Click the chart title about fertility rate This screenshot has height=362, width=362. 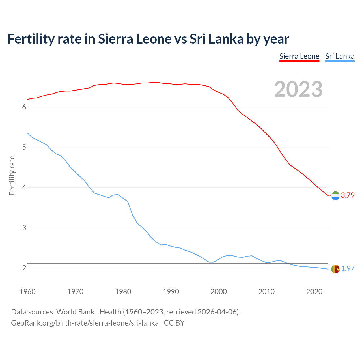[x=148, y=39]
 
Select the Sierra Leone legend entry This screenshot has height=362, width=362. [x=299, y=57]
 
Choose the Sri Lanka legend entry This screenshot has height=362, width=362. [x=340, y=57]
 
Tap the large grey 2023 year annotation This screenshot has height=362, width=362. [x=298, y=89]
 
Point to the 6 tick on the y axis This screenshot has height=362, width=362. [x=24, y=107]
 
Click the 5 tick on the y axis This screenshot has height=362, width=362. [x=24, y=147]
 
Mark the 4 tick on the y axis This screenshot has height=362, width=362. [x=24, y=188]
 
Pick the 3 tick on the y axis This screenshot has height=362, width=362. [x=24, y=228]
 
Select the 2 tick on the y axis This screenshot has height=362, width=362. [x=24, y=268]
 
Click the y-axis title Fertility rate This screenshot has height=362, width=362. [x=12, y=175]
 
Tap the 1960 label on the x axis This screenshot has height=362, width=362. [x=27, y=292]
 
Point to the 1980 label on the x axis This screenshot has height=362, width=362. [x=123, y=292]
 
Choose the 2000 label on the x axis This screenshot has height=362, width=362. [x=219, y=292]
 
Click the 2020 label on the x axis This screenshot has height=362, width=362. [x=314, y=292]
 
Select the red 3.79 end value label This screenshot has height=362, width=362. [x=348, y=195]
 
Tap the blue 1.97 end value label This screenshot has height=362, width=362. [x=348, y=269]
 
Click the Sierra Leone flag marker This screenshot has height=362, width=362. [x=335, y=196]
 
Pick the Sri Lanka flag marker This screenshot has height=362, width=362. [x=335, y=269]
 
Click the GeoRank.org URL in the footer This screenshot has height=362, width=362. [x=85, y=323]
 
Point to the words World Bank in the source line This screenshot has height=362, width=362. [x=75, y=312]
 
